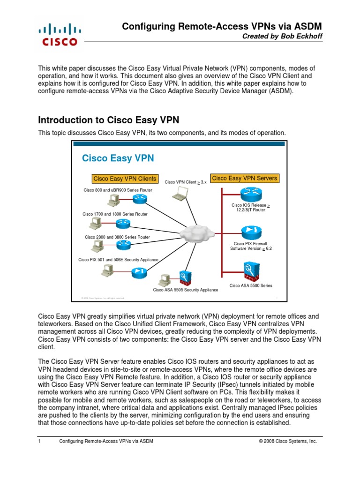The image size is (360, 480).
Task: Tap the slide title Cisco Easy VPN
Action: (118, 158)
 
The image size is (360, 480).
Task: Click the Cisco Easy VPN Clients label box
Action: (125, 179)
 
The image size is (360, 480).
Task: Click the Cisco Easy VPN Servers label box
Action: (244, 178)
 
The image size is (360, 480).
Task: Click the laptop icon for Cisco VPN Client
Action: (180, 194)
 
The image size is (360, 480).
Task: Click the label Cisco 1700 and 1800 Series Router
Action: (115, 214)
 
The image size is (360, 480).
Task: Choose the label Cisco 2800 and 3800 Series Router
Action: (117, 237)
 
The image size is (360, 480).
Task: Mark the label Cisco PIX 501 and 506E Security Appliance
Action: (118, 259)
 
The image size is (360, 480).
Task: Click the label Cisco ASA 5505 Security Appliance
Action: (185, 290)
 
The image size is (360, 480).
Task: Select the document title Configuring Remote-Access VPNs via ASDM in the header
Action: (222, 27)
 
